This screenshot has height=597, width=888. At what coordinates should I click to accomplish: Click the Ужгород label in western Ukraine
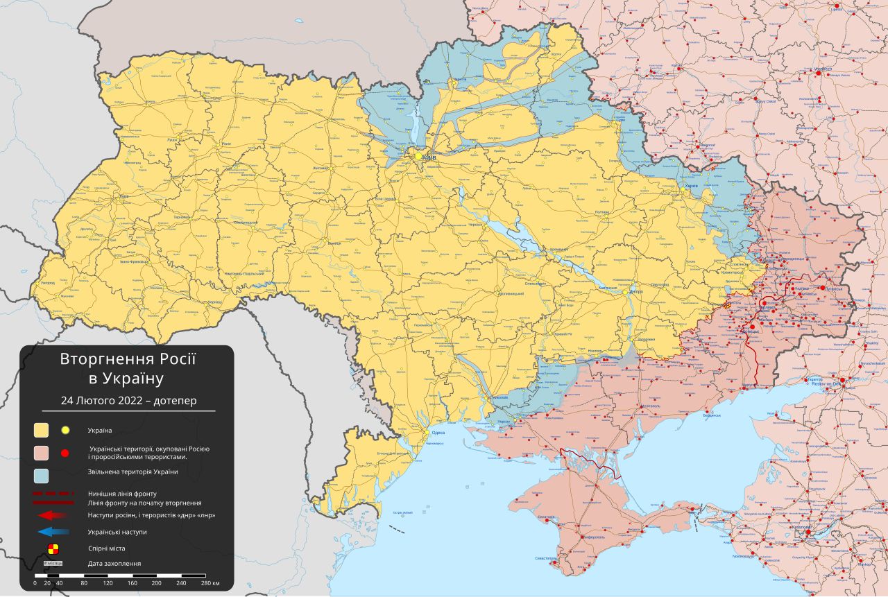tap(48, 283)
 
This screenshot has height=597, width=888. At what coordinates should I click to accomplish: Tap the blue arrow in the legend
tap(52, 532)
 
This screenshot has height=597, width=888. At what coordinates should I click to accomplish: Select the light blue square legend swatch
tap(42, 476)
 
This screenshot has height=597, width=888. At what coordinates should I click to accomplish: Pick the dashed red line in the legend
tap(52, 493)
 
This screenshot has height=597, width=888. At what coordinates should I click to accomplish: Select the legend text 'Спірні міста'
tap(106, 548)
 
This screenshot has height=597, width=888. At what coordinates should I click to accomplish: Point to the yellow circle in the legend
tap(65, 431)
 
